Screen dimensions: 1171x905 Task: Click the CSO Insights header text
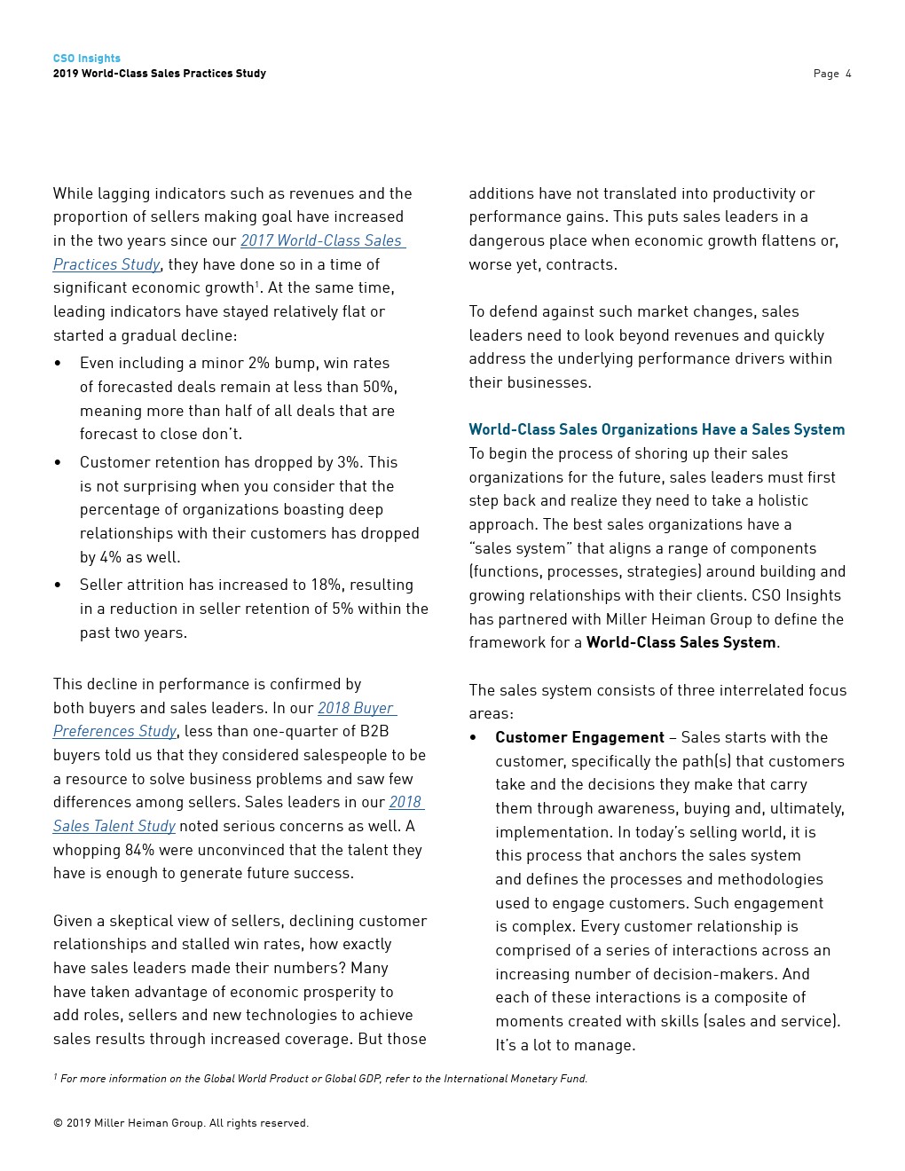pos(86,59)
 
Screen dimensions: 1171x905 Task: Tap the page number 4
pos(848,74)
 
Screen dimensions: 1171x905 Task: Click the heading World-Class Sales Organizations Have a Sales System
pos(657,429)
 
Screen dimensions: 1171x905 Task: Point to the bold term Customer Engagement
pos(579,737)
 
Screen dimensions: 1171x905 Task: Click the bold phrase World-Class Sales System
pos(681,642)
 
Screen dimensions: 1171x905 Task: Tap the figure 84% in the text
pos(139,850)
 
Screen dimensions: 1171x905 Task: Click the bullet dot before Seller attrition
pos(58,585)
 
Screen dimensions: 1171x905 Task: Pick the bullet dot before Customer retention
pos(58,462)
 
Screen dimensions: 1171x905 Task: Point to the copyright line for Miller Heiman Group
pos(181,1123)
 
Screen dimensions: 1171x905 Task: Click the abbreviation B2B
pos(374,731)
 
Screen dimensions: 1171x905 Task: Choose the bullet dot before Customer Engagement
pos(474,737)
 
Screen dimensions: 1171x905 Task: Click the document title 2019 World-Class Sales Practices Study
pos(160,74)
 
